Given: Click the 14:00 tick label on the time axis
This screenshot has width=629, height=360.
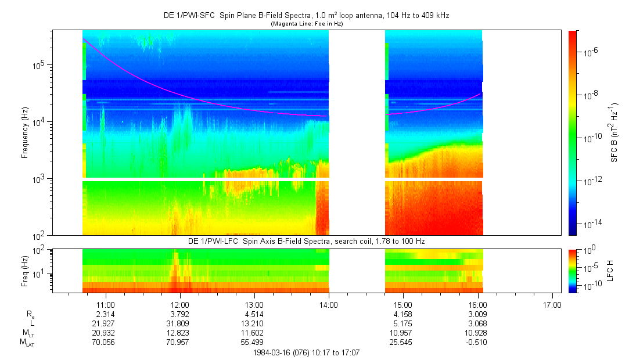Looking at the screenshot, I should (329, 305).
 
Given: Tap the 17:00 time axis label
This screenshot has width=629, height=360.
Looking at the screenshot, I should (552, 305).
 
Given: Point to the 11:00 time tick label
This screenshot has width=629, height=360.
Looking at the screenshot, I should (105, 305).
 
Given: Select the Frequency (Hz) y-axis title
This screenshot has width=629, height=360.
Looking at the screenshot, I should (26, 133).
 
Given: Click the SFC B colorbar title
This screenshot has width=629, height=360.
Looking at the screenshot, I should (614, 133).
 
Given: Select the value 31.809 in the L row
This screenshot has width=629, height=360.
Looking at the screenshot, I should (180, 323).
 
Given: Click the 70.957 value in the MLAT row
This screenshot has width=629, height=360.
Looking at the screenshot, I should (180, 341).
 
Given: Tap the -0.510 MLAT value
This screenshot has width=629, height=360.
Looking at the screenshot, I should (477, 341).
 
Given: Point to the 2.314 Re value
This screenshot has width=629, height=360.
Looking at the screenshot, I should (105, 314).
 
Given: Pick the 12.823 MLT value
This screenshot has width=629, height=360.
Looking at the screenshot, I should (180, 332).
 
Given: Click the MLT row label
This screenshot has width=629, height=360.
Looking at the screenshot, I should (27, 333).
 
